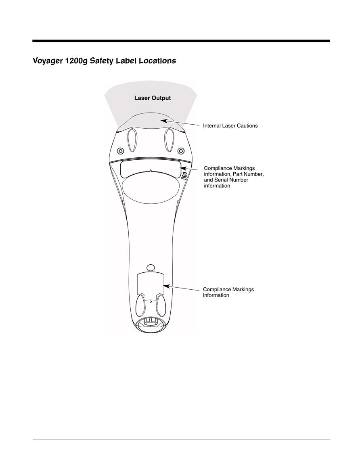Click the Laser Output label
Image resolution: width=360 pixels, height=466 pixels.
[153, 98]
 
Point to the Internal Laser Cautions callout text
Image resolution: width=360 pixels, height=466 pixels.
[230, 126]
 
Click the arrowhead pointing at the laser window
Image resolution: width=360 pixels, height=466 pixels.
[163, 121]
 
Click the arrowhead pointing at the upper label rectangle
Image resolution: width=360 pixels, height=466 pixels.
[184, 168]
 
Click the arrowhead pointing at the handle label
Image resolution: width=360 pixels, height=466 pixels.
[166, 286]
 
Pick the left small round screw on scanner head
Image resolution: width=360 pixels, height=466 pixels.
[120, 150]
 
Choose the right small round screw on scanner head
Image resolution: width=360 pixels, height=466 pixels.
[180, 150]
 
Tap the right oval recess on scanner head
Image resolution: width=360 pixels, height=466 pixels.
[169, 140]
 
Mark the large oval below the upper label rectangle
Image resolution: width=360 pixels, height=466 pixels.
[151, 188]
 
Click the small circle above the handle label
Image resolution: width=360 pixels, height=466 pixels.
[151, 267]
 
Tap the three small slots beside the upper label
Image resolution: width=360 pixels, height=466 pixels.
[184, 176]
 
